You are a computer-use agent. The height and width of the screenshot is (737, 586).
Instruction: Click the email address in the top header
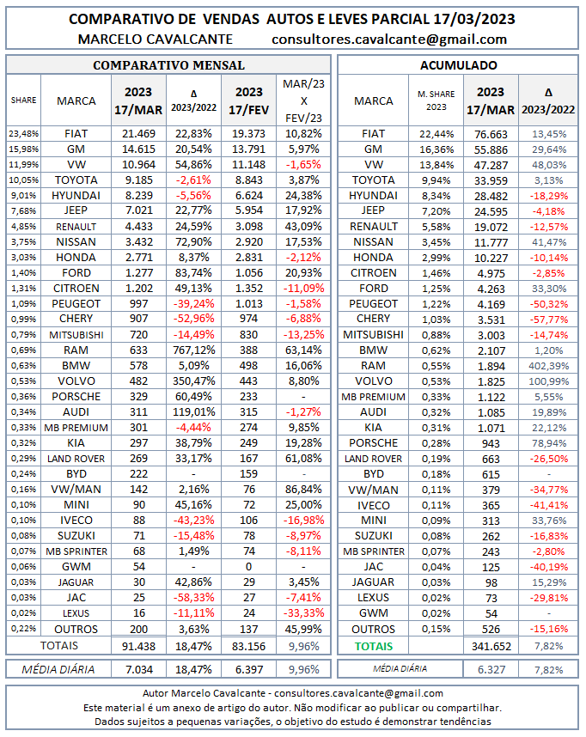tap(388, 39)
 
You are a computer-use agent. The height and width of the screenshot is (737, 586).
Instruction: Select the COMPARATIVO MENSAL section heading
tap(168, 64)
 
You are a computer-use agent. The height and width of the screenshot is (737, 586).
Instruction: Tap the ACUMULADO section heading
tap(458, 64)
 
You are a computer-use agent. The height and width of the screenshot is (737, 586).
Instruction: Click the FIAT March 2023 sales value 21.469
tap(138, 133)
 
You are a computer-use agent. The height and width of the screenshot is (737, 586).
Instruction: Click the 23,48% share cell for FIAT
tap(23, 133)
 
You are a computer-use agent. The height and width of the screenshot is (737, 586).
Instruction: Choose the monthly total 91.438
tap(138, 645)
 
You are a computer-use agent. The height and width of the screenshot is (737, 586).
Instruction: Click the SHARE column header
tap(23, 100)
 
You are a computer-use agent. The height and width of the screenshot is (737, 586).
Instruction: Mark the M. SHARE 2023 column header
tap(432, 100)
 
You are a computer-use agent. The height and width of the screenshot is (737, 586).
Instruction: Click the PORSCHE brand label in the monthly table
tap(76, 396)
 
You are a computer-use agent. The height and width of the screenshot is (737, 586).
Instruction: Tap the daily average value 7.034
tap(138, 668)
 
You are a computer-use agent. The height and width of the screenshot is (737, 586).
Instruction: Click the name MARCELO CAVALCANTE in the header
tap(156, 39)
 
